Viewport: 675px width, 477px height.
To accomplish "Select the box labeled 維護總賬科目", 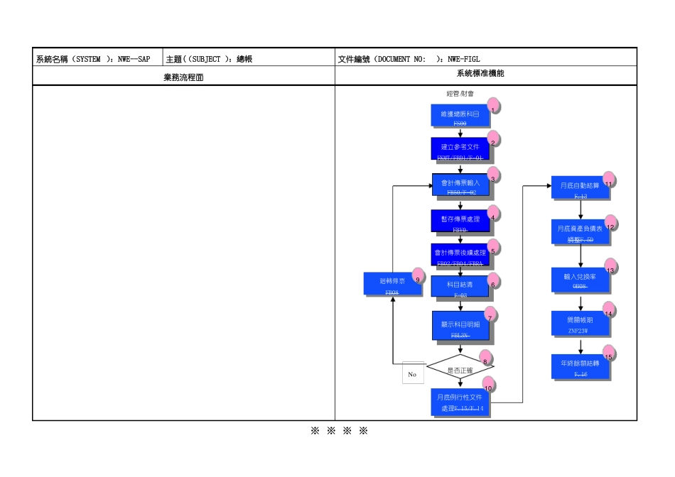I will (460, 116).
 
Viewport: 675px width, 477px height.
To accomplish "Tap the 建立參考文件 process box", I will (460, 149).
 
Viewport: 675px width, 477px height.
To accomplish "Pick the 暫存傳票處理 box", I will (460, 221).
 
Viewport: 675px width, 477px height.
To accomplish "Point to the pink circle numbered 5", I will (493, 247).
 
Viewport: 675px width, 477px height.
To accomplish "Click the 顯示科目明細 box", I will (460, 327).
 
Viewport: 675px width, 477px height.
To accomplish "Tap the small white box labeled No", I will (412, 373).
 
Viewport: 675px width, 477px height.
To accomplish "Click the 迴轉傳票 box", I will (391, 283).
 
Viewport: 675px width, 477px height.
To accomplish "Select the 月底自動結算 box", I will (580, 187).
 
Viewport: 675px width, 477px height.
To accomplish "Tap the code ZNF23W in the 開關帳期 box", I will (579, 330).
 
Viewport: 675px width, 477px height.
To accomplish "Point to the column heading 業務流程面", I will (183, 77).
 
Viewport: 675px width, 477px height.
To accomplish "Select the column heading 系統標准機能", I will (485, 74).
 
